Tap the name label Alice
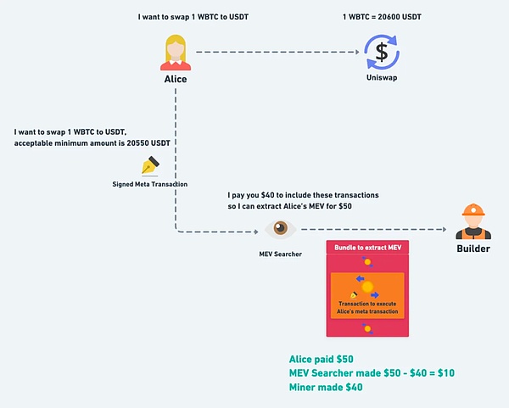[x=176, y=79]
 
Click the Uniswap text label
[x=382, y=79]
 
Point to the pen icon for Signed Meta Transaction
[x=151, y=165]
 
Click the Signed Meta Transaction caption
[x=151, y=183]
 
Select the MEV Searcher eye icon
[x=280, y=229]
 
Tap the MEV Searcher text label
[x=280, y=254]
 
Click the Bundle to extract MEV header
[x=367, y=246]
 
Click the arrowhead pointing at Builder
[x=443, y=229]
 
